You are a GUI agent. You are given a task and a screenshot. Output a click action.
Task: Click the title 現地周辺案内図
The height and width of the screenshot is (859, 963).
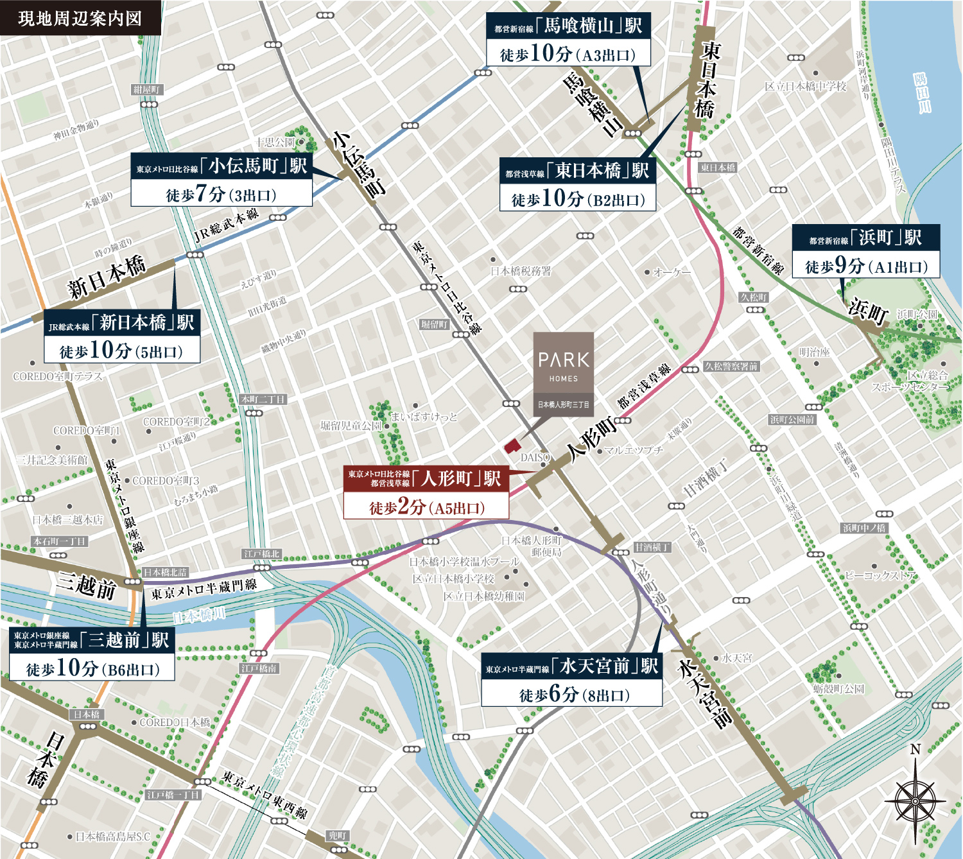pos(80,18)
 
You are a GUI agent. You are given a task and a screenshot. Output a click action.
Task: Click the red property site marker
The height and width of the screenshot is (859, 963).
pos(512,446)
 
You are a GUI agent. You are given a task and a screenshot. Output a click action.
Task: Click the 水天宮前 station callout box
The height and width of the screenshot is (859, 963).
pos(571,680)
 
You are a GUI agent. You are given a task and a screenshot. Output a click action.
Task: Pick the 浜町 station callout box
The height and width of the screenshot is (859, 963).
pos(865,251)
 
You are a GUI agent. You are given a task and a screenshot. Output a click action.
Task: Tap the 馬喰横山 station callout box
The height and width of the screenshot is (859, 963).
pos(568,39)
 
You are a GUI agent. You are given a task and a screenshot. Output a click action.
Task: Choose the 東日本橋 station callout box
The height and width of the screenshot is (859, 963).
pos(578,185)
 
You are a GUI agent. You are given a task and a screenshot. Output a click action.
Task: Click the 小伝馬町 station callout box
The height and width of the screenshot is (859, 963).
pos(221,180)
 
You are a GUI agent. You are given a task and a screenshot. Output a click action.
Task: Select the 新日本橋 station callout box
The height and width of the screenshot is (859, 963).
pos(122,336)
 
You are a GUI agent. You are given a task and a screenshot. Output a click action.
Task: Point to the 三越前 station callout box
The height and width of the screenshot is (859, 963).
pos(92,654)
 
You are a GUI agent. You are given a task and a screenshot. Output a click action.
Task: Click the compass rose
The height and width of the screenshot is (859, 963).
pos(915,801)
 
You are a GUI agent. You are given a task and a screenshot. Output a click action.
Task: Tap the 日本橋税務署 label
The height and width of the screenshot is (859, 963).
pos(521,271)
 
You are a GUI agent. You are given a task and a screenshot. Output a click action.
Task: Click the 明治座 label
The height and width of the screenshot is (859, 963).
pos(814,352)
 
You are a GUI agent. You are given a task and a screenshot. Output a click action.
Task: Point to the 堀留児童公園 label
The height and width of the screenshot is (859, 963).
pos(351,426)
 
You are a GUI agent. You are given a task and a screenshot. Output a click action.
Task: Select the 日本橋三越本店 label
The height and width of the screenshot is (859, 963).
pos(67,519)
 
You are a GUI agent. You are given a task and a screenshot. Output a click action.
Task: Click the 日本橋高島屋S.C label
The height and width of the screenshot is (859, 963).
pos(112,837)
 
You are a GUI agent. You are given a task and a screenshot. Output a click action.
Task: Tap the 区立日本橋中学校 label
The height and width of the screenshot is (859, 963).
pos(805,86)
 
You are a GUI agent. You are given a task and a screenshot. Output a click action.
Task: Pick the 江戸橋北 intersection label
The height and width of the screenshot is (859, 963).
pos(262,553)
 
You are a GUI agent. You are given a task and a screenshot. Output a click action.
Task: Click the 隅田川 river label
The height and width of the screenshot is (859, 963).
pos(921,93)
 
